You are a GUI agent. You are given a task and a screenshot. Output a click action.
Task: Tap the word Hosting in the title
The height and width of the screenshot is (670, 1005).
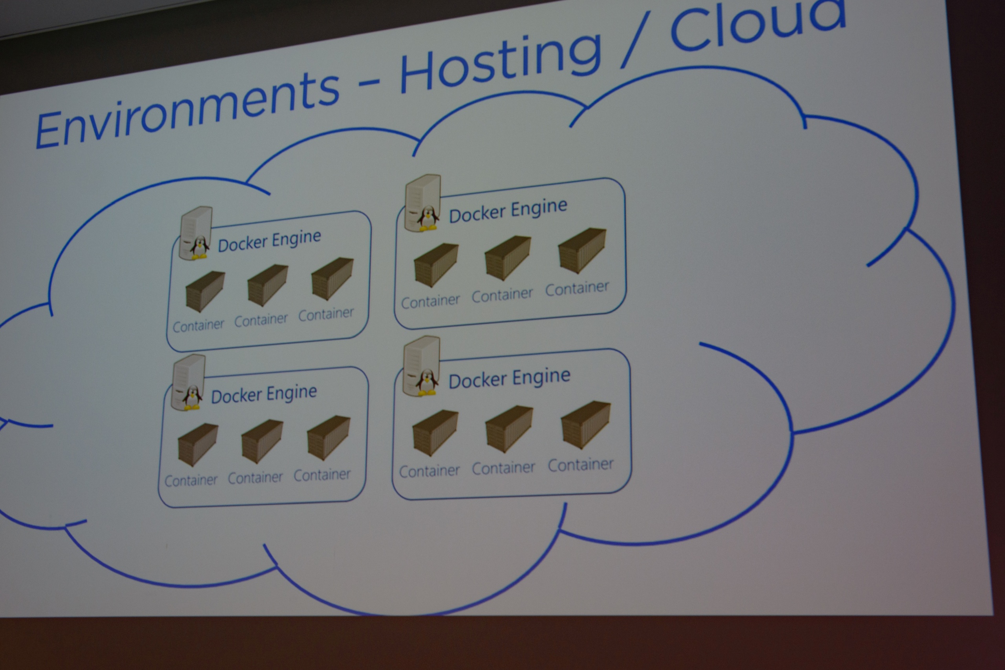pyautogui.click(x=500, y=62)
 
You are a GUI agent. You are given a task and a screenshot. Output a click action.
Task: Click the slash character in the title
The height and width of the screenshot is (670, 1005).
pyautogui.click(x=636, y=40)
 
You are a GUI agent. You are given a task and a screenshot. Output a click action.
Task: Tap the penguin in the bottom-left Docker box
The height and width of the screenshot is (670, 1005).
pyautogui.click(x=192, y=397)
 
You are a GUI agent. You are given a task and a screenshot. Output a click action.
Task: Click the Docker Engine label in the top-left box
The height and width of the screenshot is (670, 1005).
pyautogui.click(x=269, y=241)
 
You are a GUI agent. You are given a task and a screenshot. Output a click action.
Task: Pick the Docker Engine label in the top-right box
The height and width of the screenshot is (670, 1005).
pyautogui.click(x=508, y=211)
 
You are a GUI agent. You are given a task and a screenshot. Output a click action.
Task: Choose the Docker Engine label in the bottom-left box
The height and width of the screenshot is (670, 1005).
pyautogui.click(x=264, y=394)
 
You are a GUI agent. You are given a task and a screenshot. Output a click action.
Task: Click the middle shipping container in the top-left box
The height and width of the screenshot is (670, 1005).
pyautogui.click(x=267, y=285)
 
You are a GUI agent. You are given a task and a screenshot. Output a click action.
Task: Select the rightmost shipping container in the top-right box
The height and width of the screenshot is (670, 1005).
pyautogui.click(x=582, y=250)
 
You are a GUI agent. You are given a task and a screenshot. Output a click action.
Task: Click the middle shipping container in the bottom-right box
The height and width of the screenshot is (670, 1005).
pyautogui.click(x=509, y=428)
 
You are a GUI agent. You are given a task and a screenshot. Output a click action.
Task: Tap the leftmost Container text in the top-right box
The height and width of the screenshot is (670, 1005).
pyautogui.click(x=430, y=301)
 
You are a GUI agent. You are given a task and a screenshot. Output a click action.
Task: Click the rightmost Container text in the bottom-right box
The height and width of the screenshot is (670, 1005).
pyautogui.click(x=581, y=465)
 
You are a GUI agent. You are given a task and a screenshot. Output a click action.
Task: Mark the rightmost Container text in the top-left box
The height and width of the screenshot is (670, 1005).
pyautogui.click(x=326, y=314)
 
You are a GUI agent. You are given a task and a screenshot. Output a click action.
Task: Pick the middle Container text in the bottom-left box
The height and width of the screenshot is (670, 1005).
pyautogui.click(x=255, y=477)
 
